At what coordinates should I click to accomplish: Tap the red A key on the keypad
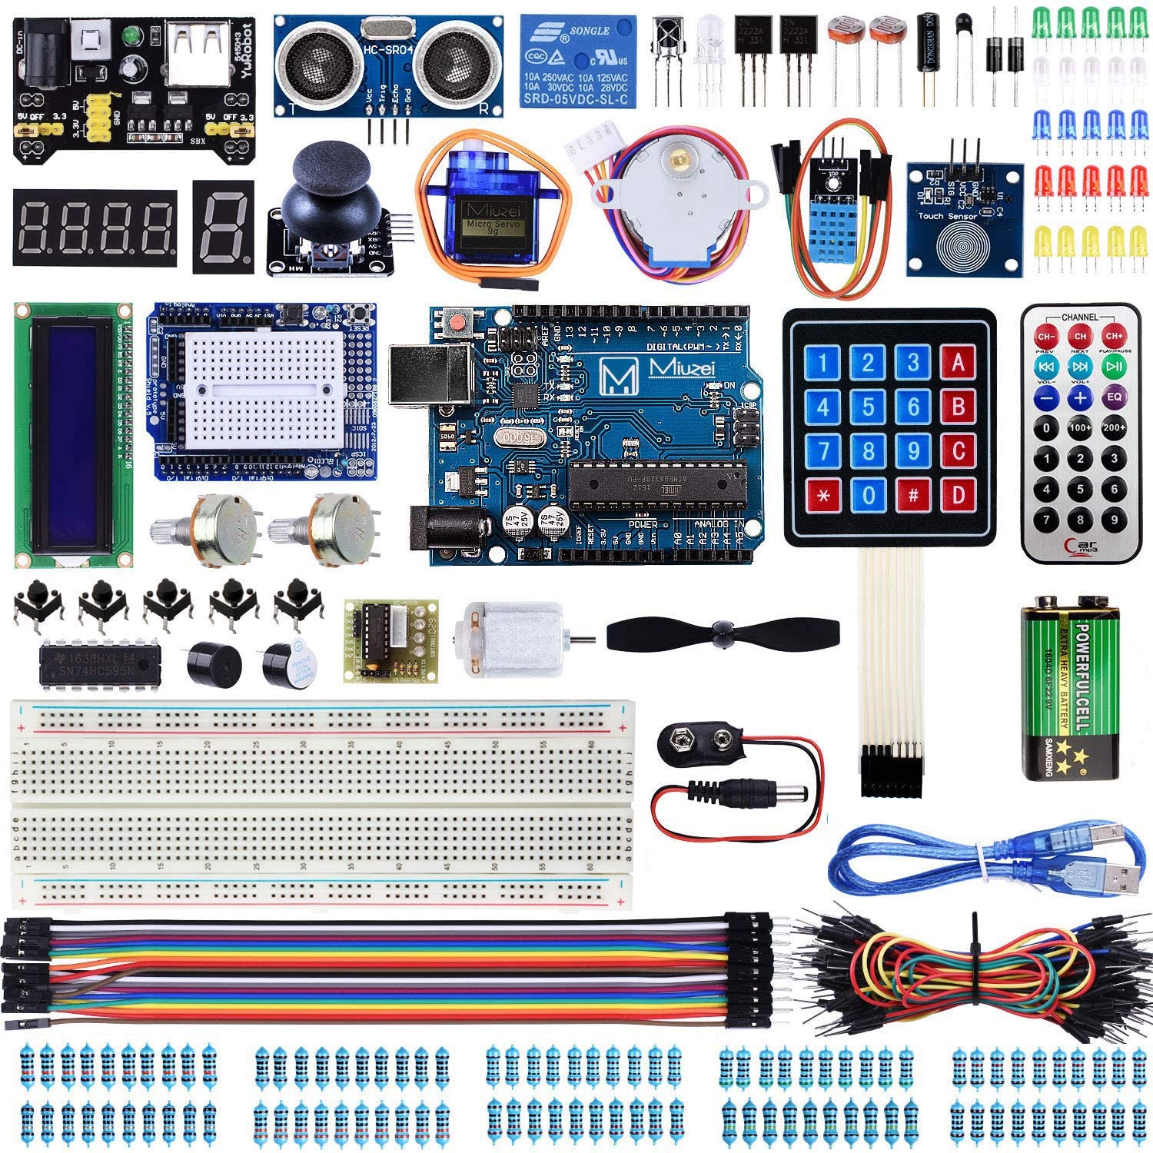click(958, 361)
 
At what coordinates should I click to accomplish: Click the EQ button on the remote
click(1114, 397)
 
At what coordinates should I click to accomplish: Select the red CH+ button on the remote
click(1114, 336)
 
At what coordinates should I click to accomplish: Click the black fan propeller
click(722, 633)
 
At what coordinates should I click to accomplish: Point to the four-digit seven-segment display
click(95, 227)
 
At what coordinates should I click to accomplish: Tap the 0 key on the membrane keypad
click(868, 494)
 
